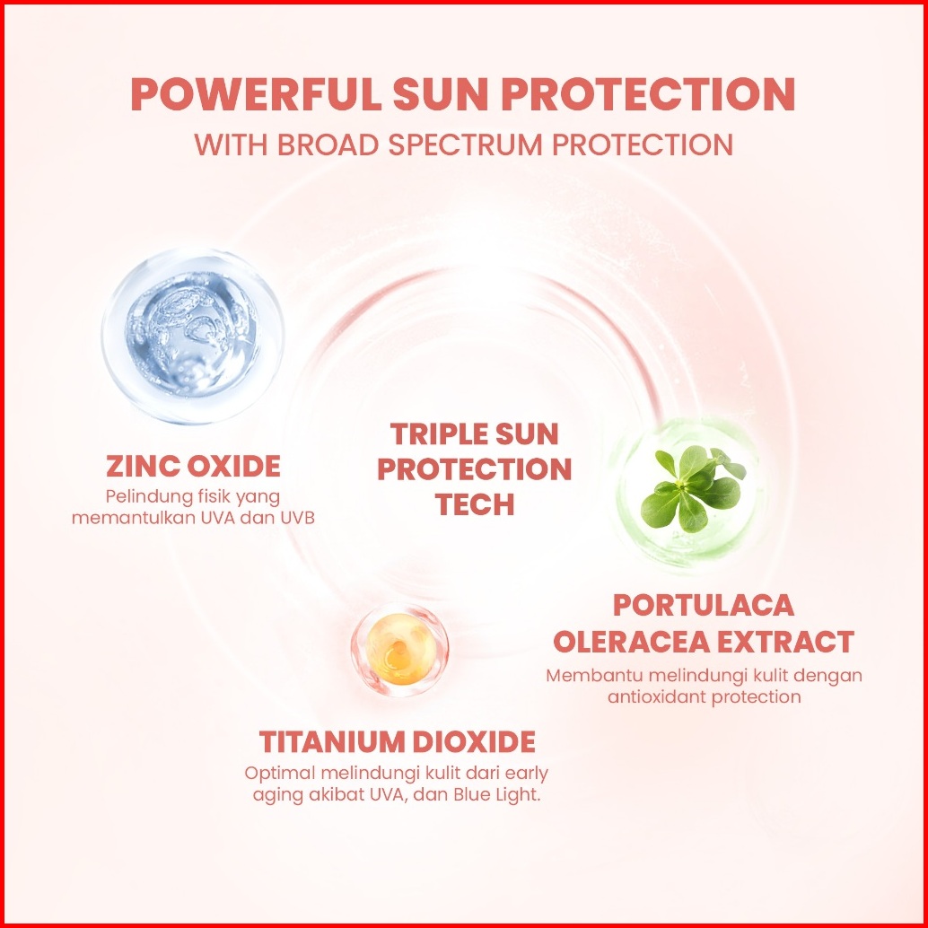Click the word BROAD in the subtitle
[x=328, y=145]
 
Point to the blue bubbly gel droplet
[x=194, y=336]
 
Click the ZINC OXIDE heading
[x=194, y=467]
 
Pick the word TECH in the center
[x=475, y=505]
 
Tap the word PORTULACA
[x=704, y=605]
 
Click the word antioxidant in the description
[x=657, y=696]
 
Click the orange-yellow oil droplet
[x=399, y=650]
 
